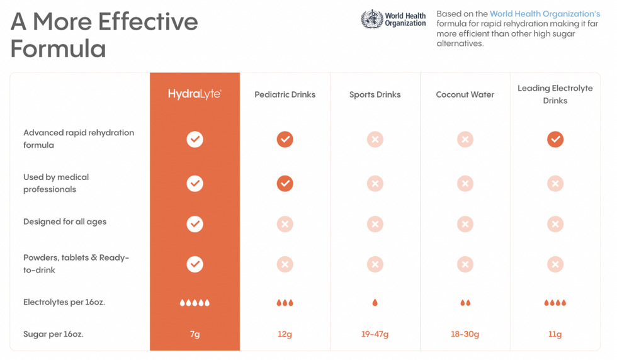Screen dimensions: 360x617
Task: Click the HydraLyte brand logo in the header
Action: [x=195, y=94]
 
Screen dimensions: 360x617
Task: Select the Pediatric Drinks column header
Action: [x=285, y=94]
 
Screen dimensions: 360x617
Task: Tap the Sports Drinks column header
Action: [x=375, y=94]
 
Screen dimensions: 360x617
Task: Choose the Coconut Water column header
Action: [x=465, y=94]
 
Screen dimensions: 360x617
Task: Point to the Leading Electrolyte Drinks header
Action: [x=555, y=94]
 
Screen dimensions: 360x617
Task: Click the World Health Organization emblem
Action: [x=371, y=19]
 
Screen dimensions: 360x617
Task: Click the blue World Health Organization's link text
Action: [x=545, y=14]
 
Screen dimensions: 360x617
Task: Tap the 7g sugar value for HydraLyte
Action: [x=195, y=334]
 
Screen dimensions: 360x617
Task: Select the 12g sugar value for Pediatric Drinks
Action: [x=285, y=334]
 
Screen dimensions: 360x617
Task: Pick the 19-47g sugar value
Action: [x=375, y=334]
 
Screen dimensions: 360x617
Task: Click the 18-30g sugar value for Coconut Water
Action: [x=465, y=334]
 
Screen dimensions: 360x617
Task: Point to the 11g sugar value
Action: [x=555, y=334]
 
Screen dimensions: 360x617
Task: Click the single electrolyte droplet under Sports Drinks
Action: [x=375, y=303]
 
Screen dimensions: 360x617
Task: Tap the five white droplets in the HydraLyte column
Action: [x=195, y=303]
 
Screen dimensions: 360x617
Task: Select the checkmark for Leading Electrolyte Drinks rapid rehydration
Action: [x=555, y=139]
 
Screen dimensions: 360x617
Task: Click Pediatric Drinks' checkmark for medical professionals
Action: [x=285, y=183]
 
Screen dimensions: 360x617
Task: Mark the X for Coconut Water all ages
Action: [x=465, y=223]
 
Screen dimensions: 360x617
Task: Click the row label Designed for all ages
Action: [x=65, y=222]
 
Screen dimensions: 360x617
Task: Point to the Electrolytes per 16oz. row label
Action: [x=64, y=302]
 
